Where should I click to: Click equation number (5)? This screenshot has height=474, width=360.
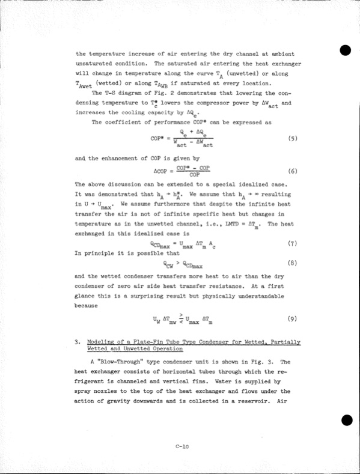pos(293,138)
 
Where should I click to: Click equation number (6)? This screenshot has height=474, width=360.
pos(293,171)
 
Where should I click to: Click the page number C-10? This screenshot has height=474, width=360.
pos(183,446)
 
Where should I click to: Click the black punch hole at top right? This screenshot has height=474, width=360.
pos(346,50)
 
